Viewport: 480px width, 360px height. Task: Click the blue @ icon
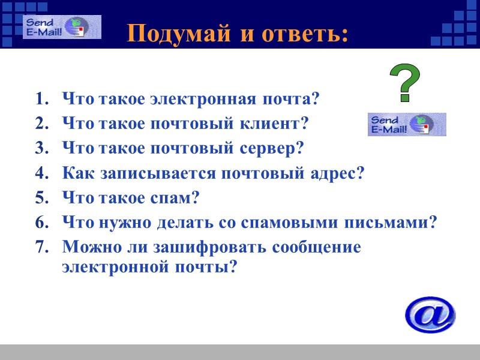pos(430,314)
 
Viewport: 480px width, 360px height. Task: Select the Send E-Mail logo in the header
pos(62,28)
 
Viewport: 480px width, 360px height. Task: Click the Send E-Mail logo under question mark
pos(407,124)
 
